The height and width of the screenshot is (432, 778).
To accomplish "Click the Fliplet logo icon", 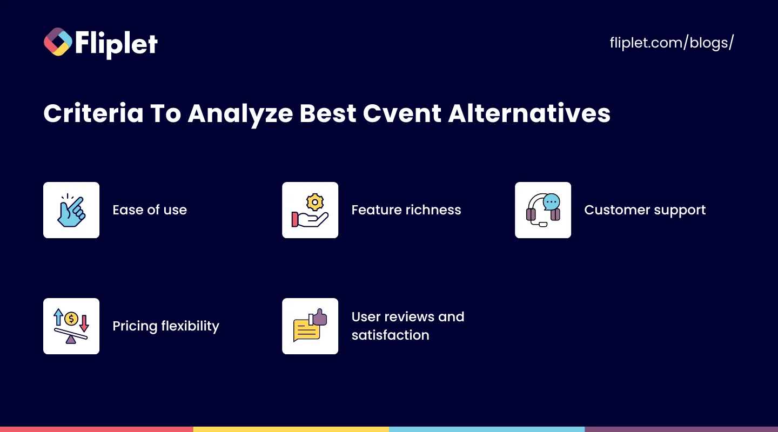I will tap(58, 42).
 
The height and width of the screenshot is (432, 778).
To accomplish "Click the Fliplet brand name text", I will tap(117, 43).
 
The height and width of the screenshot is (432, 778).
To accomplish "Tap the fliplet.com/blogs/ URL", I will tap(672, 43).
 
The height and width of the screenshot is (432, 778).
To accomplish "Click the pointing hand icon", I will tap(71, 210).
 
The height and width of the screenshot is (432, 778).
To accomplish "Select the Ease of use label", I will tap(150, 210).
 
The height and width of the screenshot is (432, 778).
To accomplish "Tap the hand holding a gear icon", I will tap(310, 210).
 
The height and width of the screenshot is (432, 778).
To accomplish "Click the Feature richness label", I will tap(406, 210).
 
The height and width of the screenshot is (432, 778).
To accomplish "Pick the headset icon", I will tap(543, 210).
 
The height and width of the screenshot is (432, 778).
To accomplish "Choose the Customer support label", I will tap(645, 210).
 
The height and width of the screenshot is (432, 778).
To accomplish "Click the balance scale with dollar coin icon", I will tap(71, 326).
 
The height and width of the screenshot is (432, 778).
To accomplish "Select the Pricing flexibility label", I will tap(166, 326).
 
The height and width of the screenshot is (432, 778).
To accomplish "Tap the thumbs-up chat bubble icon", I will tap(310, 326).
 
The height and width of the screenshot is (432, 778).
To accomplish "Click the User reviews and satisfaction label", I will tap(407, 326).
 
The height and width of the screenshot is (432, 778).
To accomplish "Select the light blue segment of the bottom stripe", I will tap(486, 429).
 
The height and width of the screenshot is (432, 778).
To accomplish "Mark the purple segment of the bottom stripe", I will tap(681, 429).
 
